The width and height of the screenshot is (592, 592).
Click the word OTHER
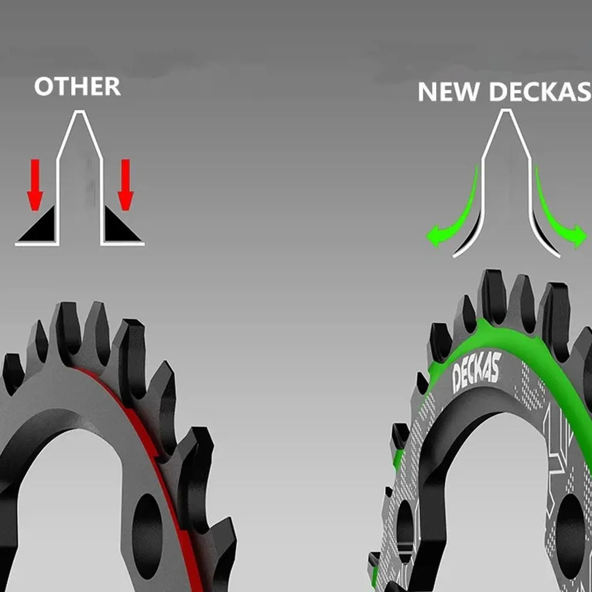77,87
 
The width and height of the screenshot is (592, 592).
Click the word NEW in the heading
448,92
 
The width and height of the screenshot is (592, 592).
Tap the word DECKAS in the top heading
540,92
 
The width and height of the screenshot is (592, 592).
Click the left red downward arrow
36,185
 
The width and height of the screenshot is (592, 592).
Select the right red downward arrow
125,185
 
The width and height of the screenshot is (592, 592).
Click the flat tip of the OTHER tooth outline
80,111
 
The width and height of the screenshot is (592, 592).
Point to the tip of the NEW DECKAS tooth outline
505,110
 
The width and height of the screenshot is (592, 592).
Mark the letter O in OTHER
43,87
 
